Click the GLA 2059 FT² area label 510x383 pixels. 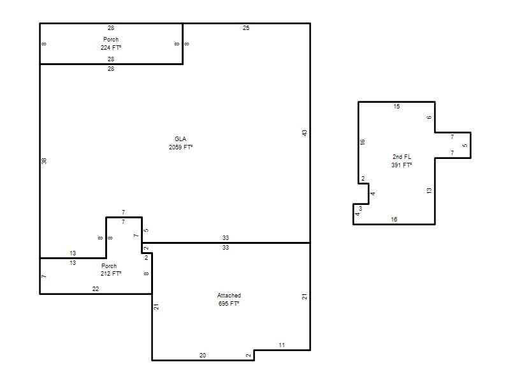coord(180,143)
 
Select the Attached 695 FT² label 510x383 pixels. coord(229,299)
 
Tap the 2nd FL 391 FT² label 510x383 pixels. coord(402,161)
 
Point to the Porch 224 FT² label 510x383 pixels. coord(111,43)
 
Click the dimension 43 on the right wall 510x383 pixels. coord(304,133)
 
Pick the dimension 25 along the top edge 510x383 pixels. coord(246,28)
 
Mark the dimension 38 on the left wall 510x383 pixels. coord(44,161)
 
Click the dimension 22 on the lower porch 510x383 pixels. coord(96,289)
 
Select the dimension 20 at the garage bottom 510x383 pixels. coord(203,356)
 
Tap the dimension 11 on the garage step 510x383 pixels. coord(282,345)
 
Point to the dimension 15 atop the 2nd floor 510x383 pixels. coord(397,107)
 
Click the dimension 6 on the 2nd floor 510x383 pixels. coord(429,117)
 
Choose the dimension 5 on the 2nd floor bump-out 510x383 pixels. coord(465,146)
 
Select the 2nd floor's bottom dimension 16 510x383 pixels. coord(394,220)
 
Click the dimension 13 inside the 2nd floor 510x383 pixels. coord(429,190)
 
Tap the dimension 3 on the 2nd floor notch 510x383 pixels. coord(360,209)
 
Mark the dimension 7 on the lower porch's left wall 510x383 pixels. coord(44,276)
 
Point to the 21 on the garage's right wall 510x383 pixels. coord(304,297)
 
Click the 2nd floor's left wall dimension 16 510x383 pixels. coord(362,142)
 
